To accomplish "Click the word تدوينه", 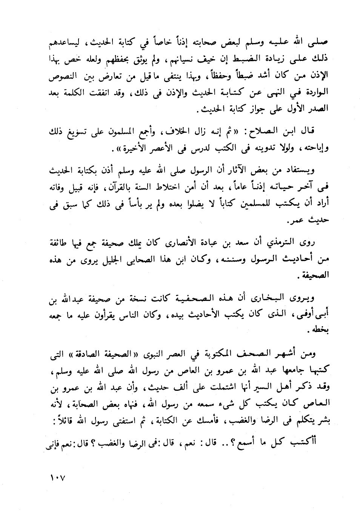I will tap(256, 149).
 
